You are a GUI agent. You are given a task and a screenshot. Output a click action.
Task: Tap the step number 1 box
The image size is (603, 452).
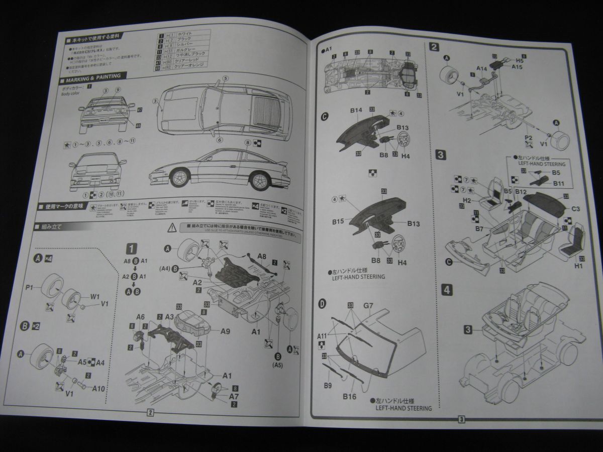click(131, 249)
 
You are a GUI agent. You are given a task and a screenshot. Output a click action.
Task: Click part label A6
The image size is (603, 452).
click(140, 317)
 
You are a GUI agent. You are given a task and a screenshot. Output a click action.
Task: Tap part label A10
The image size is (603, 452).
click(98, 388)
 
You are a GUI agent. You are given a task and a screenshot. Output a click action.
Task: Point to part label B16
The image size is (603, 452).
click(350, 397)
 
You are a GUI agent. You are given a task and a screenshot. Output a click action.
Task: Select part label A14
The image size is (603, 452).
click(481, 68)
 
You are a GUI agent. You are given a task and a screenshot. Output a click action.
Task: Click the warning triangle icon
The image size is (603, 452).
click(172, 227)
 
